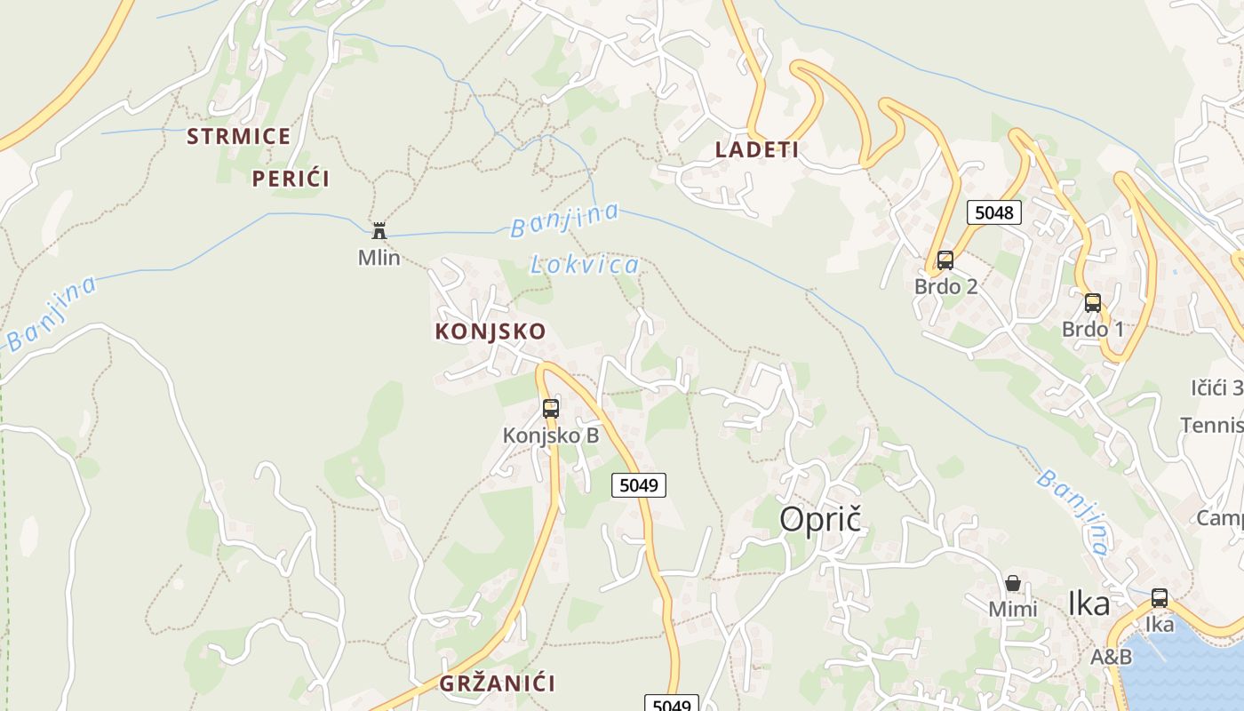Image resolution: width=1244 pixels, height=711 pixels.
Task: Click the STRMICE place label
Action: [x=238, y=137]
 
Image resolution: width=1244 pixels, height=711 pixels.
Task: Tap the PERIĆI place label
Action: [x=291, y=179]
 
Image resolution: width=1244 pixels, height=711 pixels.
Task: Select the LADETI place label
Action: [x=757, y=150]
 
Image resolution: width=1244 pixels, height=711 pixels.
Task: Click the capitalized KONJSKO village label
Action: [x=490, y=332]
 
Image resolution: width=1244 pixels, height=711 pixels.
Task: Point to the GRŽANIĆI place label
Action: [x=497, y=683]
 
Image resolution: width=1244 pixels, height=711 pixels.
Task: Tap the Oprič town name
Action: [x=821, y=520]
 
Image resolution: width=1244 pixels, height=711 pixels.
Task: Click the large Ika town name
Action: [x=1088, y=604]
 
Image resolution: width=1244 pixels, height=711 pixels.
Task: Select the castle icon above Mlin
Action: [x=379, y=231]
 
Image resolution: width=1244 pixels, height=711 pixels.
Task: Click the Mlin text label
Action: [x=379, y=258]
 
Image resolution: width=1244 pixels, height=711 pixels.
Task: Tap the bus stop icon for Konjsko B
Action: [x=551, y=409]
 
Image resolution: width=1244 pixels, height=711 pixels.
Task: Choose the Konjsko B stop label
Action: [x=551, y=435]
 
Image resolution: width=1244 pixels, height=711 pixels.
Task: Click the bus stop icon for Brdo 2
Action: [x=945, y=260]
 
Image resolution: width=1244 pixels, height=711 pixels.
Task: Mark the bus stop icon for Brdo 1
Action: [x=1093, y=302]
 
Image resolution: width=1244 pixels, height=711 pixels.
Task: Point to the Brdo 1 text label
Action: [x=1093, y=330]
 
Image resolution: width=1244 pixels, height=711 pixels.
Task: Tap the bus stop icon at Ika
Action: [x=1160, y=598]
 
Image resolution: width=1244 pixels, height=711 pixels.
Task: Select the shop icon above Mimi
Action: [x=1013, y=583]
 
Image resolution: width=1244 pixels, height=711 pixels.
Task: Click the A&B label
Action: [x=1112, y=658]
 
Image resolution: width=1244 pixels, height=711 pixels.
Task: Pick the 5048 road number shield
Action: [x=993, y=212]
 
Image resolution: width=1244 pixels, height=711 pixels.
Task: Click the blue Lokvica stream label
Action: [x=585, y=264]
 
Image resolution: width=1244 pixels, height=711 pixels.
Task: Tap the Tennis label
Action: [x=1212, y=425]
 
